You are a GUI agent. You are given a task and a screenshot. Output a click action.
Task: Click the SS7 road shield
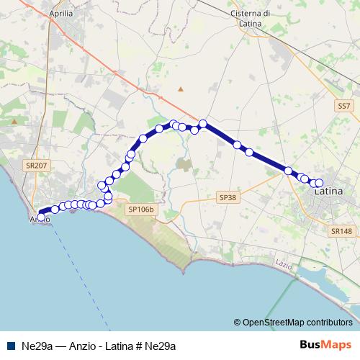click(x=344, y=107)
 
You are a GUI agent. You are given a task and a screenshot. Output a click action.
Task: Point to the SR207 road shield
click(x=35, y=166)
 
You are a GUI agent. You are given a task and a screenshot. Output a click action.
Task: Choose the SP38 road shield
click(x=227, y=197)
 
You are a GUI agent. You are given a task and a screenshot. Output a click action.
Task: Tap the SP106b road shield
click(x=142, y=210)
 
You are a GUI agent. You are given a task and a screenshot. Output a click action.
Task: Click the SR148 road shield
click(x=342, y=231)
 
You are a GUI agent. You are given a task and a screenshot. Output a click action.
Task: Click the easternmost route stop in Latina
click(x=319, y=183)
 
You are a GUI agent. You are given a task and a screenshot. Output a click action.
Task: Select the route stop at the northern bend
click(x=203, y=124)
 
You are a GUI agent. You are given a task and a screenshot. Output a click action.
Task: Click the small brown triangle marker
click(x=181, y=89)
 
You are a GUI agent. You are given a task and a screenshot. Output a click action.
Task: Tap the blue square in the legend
click(x=9, y=346)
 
